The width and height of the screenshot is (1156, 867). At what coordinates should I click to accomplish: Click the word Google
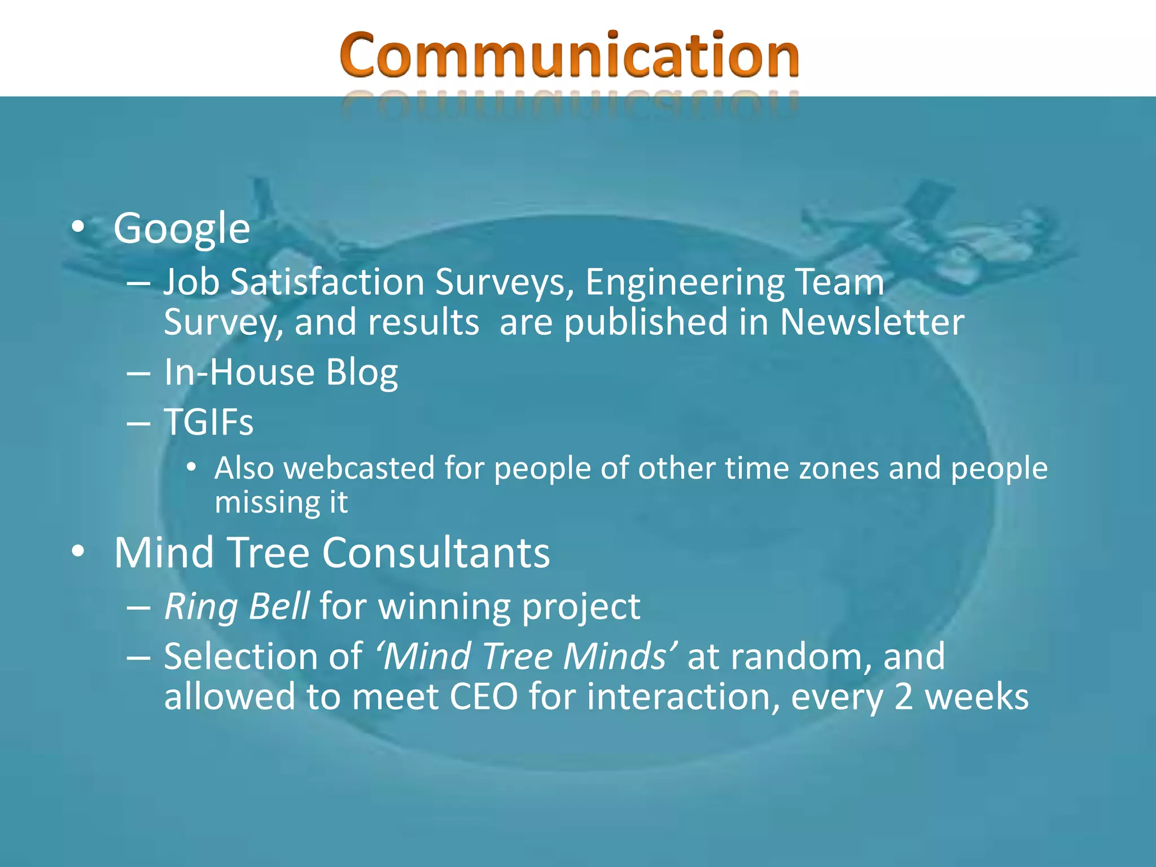coord(181,229)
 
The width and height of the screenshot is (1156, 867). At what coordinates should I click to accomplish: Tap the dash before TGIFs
coord(139,423)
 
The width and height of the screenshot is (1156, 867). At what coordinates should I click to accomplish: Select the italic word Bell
coord(279,606)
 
